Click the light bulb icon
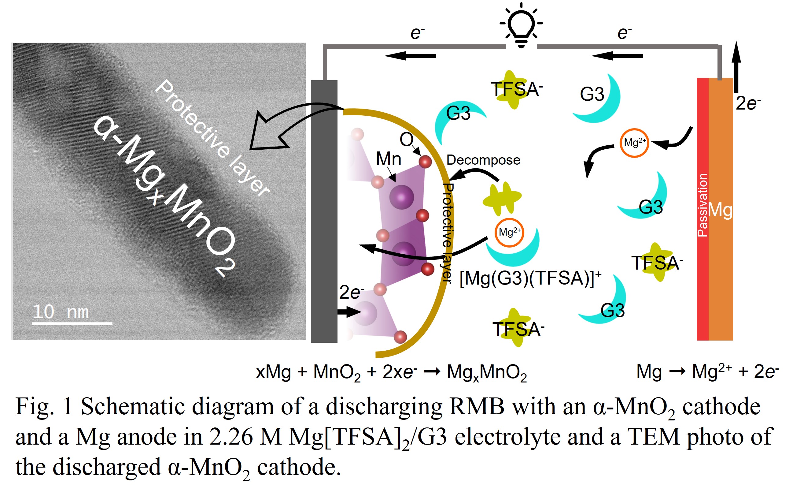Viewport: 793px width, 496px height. [521, 25]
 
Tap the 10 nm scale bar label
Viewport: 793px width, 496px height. [61, 311]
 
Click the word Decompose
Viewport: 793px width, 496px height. [483, 160]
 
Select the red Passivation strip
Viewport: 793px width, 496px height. [703, 209]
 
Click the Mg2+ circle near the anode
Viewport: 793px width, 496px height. [634, 143]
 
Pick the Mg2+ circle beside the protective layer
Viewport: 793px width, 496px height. [509, 233]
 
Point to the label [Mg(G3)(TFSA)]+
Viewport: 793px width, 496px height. [530, 278]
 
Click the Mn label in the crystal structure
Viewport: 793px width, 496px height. [388, 159]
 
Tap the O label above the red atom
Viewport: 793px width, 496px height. [406, 140]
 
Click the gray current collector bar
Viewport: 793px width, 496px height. [324, 211]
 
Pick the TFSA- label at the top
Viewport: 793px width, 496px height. [517, 89]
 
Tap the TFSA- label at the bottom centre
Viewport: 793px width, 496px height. [518, 329]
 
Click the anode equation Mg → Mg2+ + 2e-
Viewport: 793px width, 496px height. [707, 372]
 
